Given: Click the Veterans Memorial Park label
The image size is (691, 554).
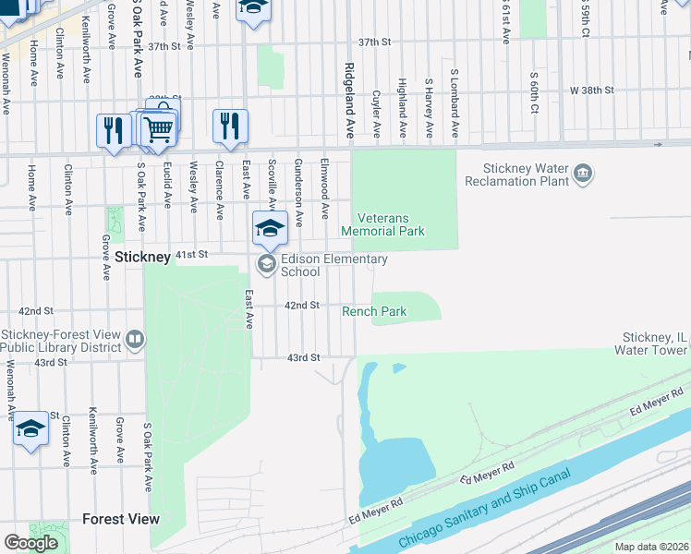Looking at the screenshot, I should point(383,224).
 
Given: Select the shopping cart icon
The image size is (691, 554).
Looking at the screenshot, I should point(159,130).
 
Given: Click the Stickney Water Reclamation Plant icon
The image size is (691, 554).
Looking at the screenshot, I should point(583,173).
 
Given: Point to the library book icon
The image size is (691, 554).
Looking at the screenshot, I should point(135,341).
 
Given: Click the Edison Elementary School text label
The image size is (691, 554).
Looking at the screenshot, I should point(320,266).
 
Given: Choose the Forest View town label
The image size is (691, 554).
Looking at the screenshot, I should point(120,520).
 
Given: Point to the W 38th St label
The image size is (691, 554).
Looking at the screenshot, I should point(591,90).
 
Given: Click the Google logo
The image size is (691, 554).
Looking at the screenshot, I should point(30,543).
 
